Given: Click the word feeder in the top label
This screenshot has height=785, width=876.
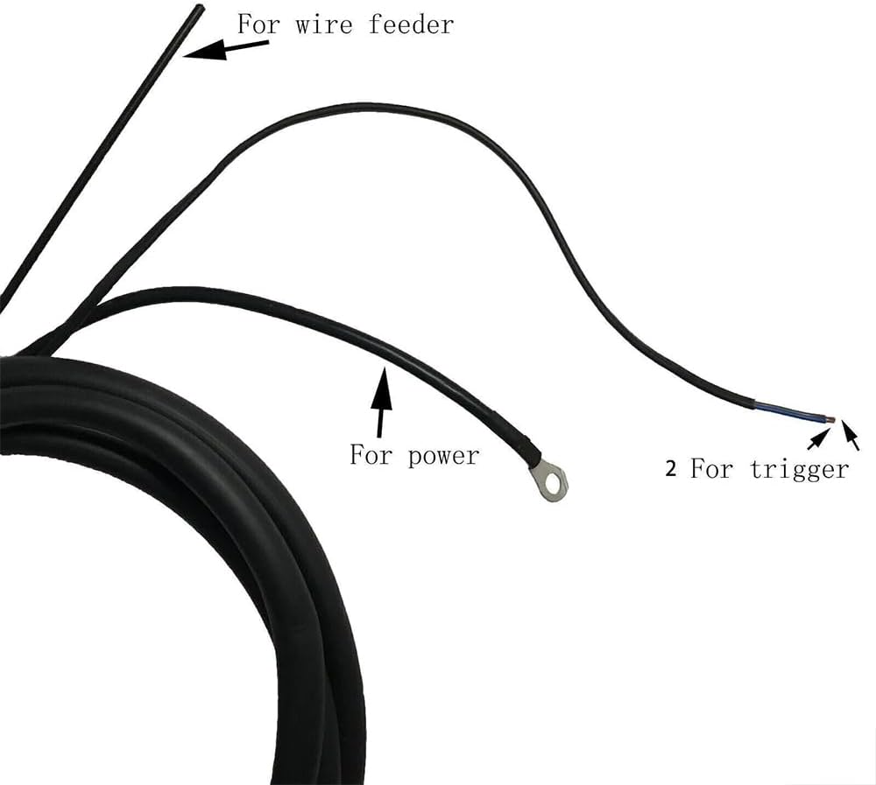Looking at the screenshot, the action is (x=412, y=24).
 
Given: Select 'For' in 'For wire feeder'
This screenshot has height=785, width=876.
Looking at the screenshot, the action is (x=258, y=24).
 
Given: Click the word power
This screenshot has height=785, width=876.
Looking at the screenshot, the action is (x=443, y=456).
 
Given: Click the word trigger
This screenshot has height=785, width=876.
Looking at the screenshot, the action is (x=800, y=469).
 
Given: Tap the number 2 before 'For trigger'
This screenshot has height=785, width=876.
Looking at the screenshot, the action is (x=671, y=469).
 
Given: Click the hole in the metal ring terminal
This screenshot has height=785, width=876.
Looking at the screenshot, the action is (x=554, y=479).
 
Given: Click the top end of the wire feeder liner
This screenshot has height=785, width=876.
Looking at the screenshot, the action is (x=199, y=9).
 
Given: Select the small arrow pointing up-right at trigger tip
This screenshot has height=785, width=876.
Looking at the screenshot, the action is (x=816, y=440).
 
